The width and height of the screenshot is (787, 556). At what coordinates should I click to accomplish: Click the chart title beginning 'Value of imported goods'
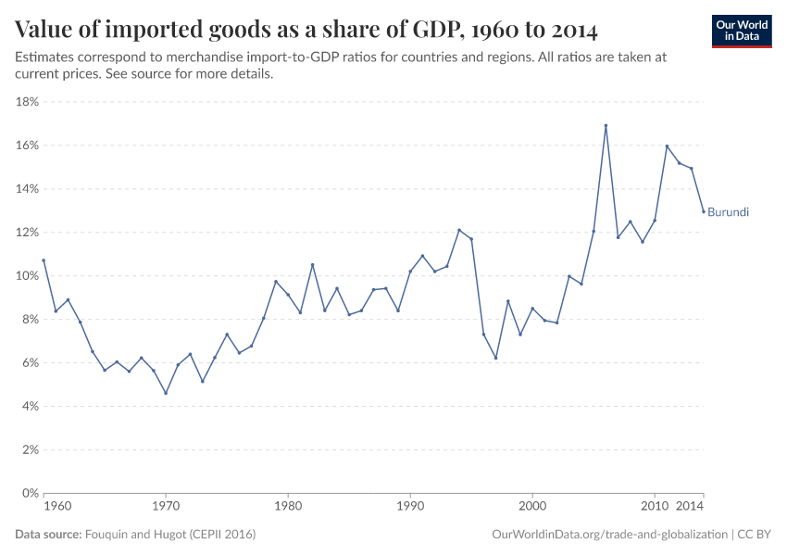(306, 30)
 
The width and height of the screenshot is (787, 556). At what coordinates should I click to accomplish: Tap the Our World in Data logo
(742, 31)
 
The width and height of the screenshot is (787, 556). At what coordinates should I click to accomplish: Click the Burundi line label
(728, 212)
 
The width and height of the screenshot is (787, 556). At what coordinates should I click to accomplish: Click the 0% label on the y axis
(29, 493)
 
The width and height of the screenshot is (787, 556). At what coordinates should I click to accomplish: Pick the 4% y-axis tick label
(29, 406)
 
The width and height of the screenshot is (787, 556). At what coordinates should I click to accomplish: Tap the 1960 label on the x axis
(56, 508)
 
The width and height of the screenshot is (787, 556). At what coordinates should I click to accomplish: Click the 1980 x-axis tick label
(288, 508)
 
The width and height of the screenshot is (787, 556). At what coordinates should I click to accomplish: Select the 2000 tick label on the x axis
(532, 508)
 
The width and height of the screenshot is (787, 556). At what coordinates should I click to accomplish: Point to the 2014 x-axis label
(690, 508)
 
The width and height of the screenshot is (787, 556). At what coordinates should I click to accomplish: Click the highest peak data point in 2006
(606, 126)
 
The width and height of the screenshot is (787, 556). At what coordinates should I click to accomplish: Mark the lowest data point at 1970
(166, 393)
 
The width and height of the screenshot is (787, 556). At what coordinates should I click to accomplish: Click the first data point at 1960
(44, 260)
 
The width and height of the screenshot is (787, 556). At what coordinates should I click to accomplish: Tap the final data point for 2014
(703, 211)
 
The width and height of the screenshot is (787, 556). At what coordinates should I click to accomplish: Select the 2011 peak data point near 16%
(667, 145)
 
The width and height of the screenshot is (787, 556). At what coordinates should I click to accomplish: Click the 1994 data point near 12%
(459, 230)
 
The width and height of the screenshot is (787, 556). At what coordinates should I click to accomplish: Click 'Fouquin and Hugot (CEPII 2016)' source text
(170, 535)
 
